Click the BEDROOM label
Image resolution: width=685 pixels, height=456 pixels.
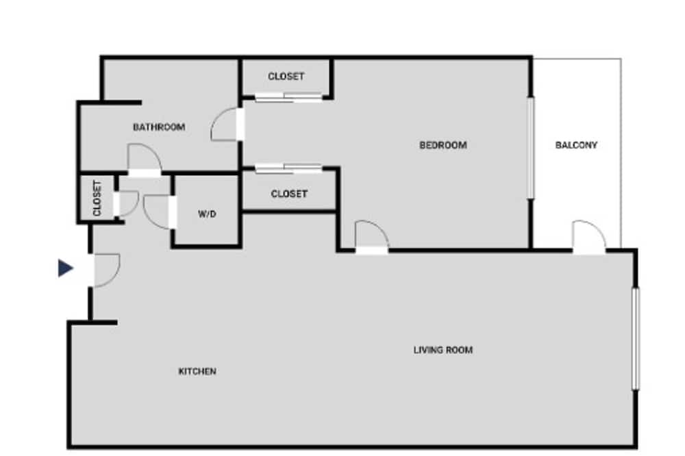point(443,145)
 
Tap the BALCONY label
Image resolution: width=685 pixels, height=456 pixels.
point(576,145)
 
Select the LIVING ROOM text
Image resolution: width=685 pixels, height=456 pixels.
point(443,350)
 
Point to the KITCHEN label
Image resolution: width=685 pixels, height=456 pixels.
point(197,371)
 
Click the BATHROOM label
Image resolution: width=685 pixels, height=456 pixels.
point(159,127)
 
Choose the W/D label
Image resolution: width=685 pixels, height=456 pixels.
point(207,214)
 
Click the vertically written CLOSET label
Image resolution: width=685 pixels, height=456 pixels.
point(97,199)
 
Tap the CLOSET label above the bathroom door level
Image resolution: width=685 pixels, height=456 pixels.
point(286,76)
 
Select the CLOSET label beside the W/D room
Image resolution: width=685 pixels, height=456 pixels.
point(289,194)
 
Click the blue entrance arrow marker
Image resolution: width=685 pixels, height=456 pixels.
point(65,268)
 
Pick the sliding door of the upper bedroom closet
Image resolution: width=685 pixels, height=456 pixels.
point(289,97)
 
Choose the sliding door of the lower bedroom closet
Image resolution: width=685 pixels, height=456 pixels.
point(289,168)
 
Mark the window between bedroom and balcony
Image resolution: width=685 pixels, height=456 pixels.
point(531,148)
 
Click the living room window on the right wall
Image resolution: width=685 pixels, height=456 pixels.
point(636,338)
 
